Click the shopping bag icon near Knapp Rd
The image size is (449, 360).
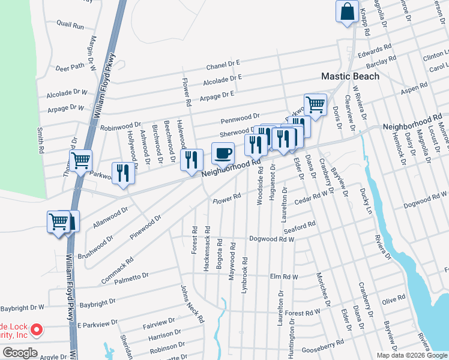click(348, 11)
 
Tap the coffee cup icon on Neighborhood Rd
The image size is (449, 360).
click(223, 153)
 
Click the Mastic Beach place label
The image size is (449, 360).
click(350, 76)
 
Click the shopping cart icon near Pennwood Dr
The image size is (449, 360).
click(315, 104)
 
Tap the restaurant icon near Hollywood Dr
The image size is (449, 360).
click(123, 173)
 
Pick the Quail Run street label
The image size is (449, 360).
click(70, 26)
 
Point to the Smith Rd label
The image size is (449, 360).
click(41, 140)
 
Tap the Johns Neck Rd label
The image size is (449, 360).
click(193, 304)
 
